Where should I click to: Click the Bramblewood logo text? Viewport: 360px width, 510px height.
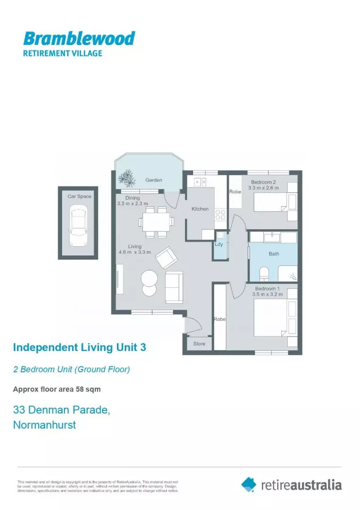[79, 38]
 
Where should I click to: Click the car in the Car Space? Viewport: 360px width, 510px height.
[78, 225]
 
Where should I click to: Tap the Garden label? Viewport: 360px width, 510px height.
[154, 180]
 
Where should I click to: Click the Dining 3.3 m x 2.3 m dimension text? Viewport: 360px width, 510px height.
[132, 201]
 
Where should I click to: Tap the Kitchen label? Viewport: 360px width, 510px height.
[200, 209]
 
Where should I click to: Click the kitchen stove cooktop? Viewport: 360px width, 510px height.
[220, 215]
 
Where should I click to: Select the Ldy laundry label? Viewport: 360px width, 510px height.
[219, 244]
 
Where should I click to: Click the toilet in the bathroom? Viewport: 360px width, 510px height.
[264, 273]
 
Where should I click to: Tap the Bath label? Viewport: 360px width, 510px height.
[274, 254]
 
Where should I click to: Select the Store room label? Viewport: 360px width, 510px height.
[199, 343]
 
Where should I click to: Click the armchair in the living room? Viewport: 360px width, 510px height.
[167, 258]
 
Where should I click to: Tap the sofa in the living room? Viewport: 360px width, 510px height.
[174, 288]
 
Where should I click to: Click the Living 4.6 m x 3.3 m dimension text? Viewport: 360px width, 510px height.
[134, 249]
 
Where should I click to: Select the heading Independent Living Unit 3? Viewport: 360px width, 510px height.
[79, 348]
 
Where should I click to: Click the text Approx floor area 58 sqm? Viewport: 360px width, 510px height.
[57, 390]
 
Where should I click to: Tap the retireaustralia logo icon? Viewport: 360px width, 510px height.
[249, 484]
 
